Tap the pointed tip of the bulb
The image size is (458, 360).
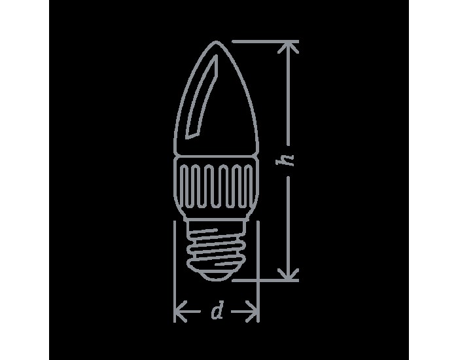(216, 42)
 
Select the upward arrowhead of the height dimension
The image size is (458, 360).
(289, 47)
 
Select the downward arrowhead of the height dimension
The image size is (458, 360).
(289, 274)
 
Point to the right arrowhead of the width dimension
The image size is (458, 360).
(253, 312)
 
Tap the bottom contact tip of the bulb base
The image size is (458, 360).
(217, 276)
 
